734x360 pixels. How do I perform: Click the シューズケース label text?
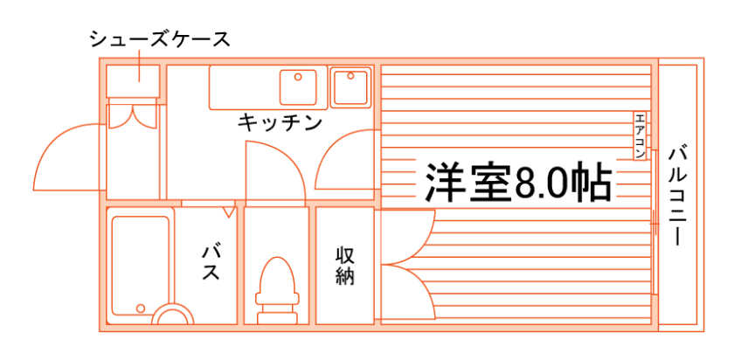[159, 39]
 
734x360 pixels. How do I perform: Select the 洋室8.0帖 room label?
[516, 181]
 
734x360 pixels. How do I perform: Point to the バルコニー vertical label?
[676, 194]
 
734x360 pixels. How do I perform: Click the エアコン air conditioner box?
[640, 136]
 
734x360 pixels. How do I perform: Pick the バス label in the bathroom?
[211, 262]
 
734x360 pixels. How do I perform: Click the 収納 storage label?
[345, 267]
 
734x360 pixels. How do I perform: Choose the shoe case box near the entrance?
[133, 80]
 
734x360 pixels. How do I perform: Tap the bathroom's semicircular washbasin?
[172, 316]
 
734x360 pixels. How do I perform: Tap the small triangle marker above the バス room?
[229, 211]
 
